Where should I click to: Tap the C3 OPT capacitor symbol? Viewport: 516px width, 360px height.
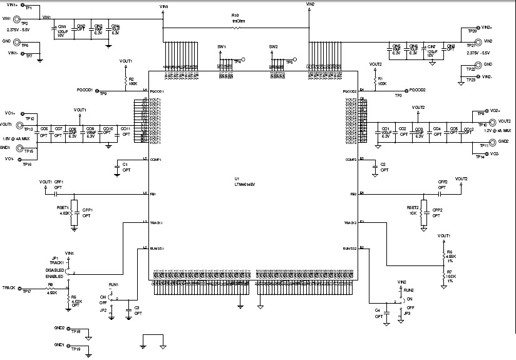(129, 309)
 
